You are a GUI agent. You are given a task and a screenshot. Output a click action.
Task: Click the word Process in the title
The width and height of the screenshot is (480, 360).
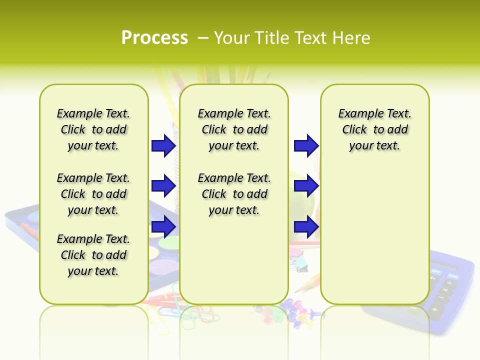tap(154, 38)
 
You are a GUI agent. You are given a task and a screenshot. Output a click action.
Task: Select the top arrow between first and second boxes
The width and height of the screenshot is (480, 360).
tap(163, 145)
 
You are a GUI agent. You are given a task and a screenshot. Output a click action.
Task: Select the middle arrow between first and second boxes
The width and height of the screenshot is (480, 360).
tap(163, 186)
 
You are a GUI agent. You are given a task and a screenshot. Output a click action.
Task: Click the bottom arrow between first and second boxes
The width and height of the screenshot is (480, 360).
tap(163, 226)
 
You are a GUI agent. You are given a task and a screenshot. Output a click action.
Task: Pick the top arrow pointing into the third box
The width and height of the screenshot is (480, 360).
tap(306, 145)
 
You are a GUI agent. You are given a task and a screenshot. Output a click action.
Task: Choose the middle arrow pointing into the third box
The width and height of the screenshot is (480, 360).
tap(306, 186)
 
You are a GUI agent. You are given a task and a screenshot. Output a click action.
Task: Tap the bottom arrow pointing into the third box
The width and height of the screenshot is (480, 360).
tap(306, 226)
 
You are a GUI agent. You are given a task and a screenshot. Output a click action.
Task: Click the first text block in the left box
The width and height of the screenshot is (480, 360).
tap(93, 129)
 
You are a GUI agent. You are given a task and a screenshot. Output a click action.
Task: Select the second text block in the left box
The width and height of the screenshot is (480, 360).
tap(93, 194)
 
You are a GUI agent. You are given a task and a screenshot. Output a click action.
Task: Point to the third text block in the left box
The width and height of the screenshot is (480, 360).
tap(93, 255)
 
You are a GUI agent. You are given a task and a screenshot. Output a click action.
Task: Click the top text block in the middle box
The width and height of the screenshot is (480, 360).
tap(234, 129)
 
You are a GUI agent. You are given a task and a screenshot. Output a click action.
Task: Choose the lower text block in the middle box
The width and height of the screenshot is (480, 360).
tap(234, 194)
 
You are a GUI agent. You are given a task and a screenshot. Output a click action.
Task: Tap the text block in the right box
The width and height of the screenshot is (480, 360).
tap(375, 129)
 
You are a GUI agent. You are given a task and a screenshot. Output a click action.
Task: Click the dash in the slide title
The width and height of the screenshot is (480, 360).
tap(203, 38)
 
